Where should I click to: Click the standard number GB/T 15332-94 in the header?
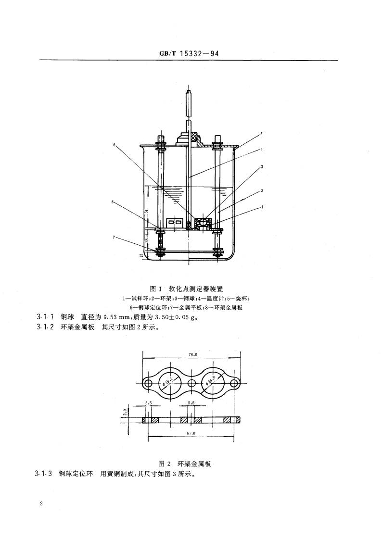189,54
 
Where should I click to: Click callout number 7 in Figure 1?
115,237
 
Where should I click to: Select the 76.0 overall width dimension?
192,354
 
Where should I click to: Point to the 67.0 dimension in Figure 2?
191,433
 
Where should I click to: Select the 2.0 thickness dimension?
125,413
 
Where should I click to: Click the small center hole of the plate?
192,383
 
